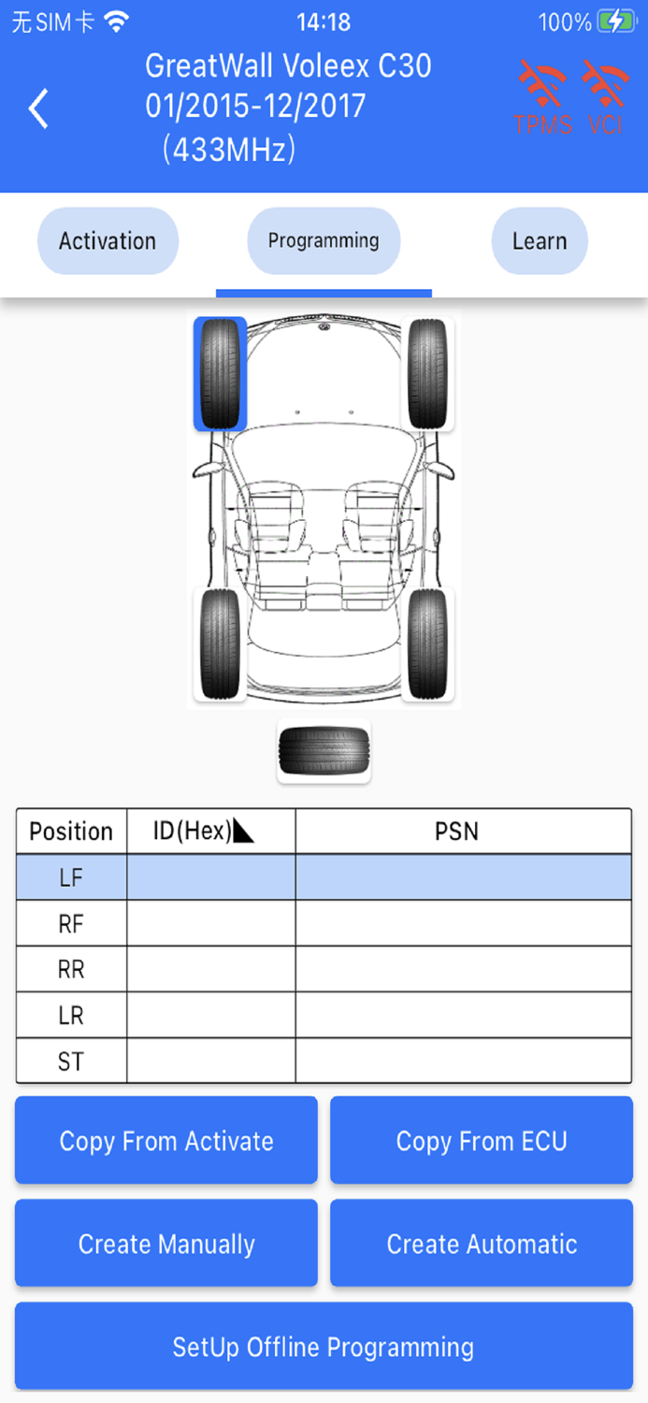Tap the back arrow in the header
click(38, 108)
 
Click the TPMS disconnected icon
click(542, 97)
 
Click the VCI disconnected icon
click(606, 97)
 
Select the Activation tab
click(108, 241)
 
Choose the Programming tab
click(324, 241)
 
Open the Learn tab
click(540, 241)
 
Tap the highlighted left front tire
click(221, 374)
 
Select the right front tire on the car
click(427, 374)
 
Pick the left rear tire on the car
click(221, 644)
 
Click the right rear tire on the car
click(427, 644)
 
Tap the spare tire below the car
click(324, 751)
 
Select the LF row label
click(71, 877)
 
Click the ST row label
click(71, 1062)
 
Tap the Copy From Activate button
click(166, 1141)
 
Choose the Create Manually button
click(166, 1244)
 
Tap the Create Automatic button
click(482, 1244)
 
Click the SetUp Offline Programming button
click(324, 1347)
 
